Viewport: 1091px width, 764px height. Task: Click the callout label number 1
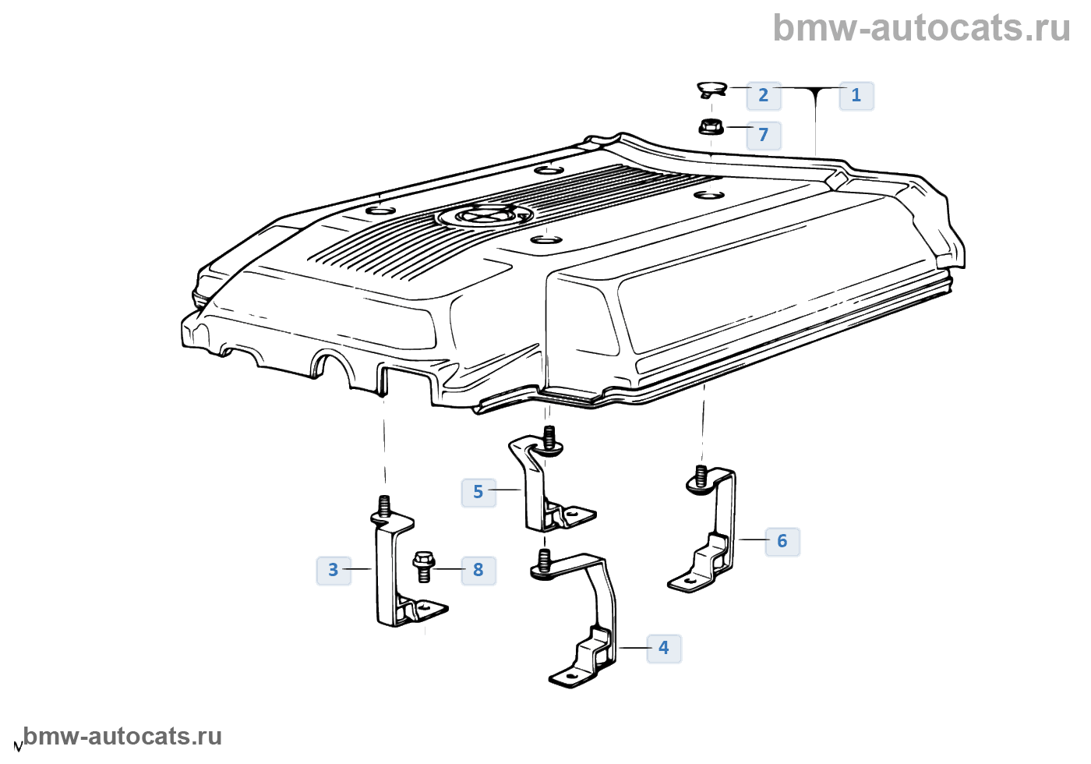pos(856,96)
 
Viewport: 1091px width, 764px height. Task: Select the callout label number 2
pos(763,96)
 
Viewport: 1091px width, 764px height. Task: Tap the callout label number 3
pos(334,570)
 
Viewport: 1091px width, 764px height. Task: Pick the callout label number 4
pos(663,648)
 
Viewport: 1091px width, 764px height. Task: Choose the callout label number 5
pos(478,492)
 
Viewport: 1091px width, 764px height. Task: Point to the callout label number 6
pos(782,541)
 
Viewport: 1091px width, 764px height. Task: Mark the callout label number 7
pos(763,135)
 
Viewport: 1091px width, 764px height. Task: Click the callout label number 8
pos(478,570)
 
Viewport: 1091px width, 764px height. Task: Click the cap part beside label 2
pos(711,90)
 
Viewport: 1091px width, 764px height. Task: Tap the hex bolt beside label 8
pos(423,567)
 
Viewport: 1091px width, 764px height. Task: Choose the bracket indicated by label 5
pos(538,487)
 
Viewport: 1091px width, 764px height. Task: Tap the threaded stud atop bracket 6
pos(700,474)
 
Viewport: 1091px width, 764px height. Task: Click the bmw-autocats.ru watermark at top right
pos(921,28)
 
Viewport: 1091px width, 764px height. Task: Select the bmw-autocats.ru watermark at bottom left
pos(122,737)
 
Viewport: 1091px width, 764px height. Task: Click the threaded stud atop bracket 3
pos(383,504)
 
